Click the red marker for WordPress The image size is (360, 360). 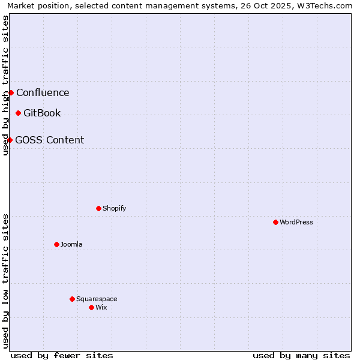275,222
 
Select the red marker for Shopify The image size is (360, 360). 98,208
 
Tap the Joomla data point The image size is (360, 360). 56,244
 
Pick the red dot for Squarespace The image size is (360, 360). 72,299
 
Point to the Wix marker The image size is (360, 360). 91,307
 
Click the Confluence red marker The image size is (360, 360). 11,92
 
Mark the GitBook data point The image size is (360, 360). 18,113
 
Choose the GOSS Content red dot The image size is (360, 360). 10,140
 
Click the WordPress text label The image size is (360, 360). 296,222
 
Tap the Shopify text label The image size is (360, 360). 114,208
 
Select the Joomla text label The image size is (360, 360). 71,244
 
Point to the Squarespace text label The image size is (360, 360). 97,299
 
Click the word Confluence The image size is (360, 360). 43,92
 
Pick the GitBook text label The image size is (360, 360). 42,113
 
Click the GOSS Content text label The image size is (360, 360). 49,140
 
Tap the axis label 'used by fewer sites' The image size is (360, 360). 62,355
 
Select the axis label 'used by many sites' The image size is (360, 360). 301,355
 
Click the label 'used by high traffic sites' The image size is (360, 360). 5,85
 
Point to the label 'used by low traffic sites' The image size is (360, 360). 5,281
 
